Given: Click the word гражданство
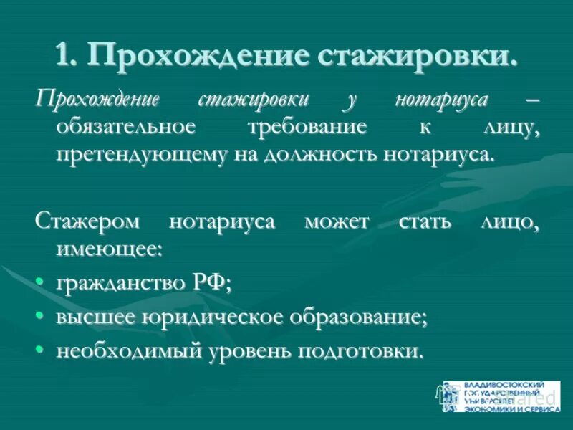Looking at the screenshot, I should (113, 284).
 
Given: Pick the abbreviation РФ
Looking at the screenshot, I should (211, 283).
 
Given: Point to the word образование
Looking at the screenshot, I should (365, 317).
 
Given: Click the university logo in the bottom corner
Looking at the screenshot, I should (501, 396).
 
